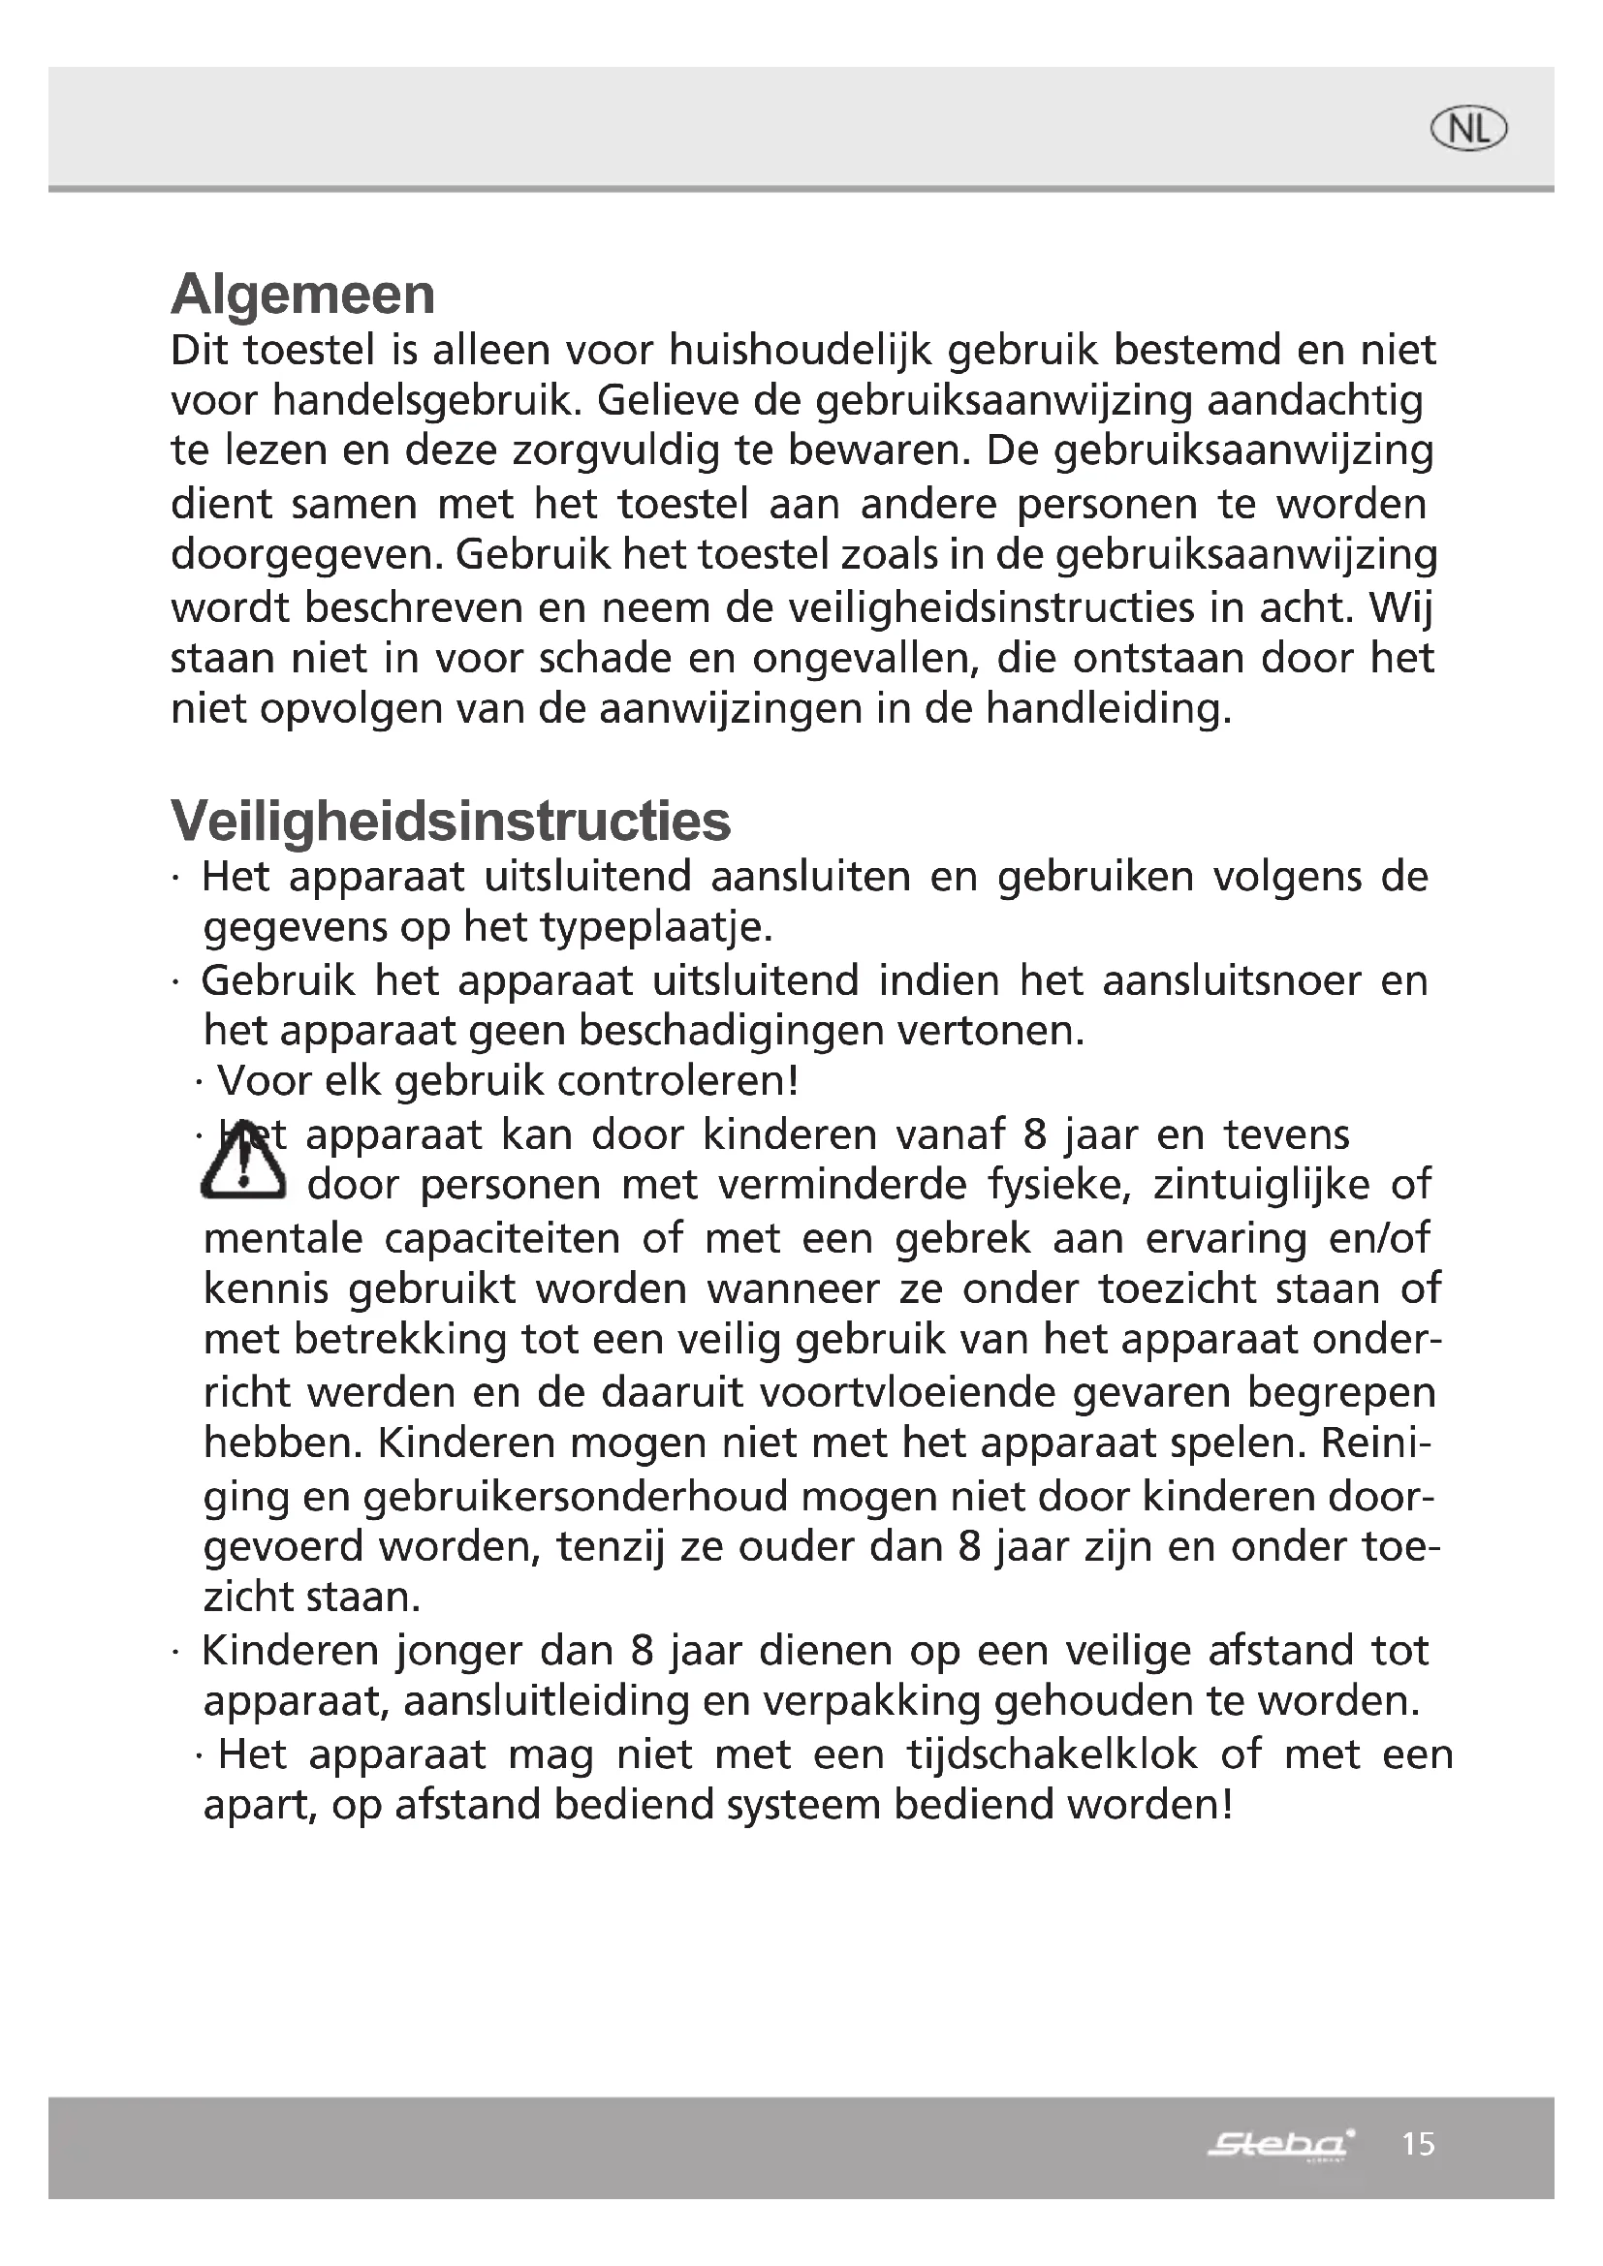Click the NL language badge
1468,129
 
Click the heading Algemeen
303,295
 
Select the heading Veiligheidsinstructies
451,821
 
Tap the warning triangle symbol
243,1164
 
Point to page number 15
1419,2144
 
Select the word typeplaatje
655,927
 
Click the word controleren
677,1081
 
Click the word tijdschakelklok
1053,1754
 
